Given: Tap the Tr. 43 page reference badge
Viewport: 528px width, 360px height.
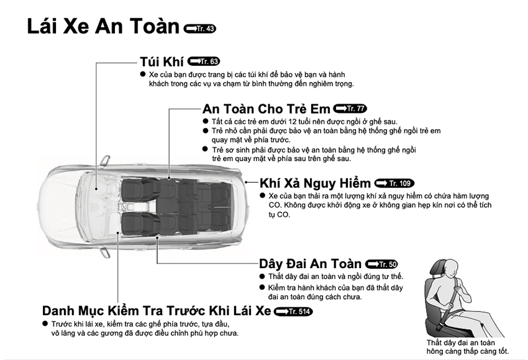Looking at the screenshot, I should pos(200,29).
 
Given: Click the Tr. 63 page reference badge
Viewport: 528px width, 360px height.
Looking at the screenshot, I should pos(203,61).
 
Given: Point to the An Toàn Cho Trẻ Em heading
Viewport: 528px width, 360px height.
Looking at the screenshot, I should pos(266,109).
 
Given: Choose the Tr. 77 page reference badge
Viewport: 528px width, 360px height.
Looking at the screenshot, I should pos(350,109).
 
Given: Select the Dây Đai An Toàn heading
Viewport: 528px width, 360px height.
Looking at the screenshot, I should pos(311,263).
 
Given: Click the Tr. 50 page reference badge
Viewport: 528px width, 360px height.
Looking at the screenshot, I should pos(381,264).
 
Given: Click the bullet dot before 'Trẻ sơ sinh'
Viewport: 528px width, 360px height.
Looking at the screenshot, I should pos(206,150).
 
